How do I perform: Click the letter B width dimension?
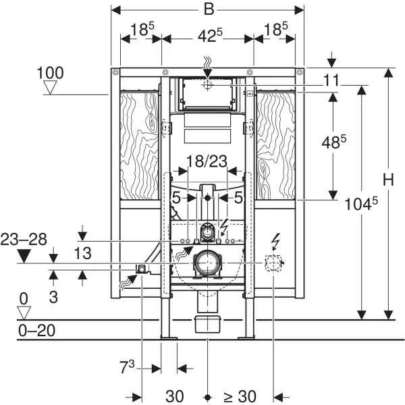209,10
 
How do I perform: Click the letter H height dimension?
387,180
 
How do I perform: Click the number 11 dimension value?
330,80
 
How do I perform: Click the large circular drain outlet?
207,262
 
